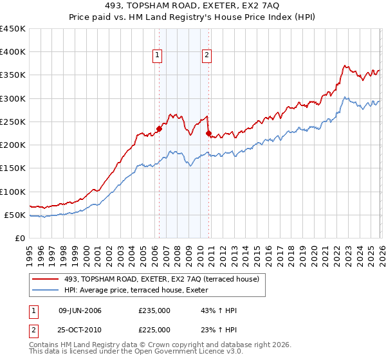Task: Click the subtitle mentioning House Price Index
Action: click(x=192, y=18)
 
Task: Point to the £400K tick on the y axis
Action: click(x=13, y=52)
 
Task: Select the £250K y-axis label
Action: click(x=13, y=122)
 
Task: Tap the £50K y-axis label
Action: click(x=15, y=215)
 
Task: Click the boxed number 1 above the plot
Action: click(x=158, y=56)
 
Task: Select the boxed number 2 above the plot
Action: click(x=207, y=56)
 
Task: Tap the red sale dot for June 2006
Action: click(x=159, y=129)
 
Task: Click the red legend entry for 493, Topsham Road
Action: click(x=161, y=279)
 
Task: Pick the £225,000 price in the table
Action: click(x=154, y=329)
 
